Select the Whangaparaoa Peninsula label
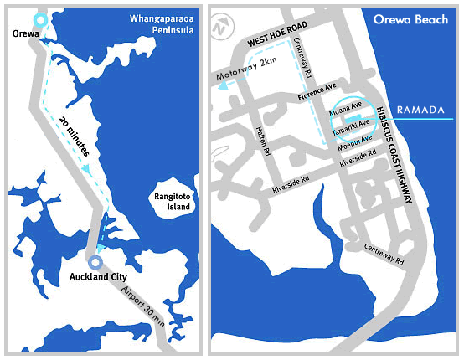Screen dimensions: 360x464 [162, 23]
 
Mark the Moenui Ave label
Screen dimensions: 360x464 [355, 139]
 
